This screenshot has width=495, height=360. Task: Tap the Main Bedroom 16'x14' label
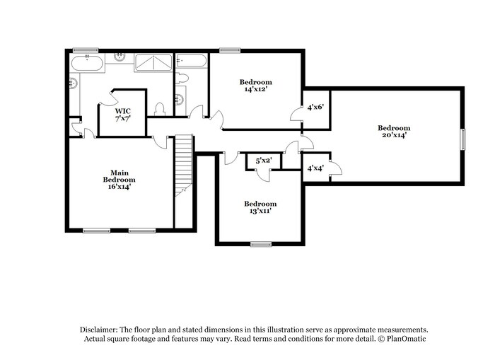pos(117,180)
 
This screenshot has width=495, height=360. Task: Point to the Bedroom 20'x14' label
pos(393,131)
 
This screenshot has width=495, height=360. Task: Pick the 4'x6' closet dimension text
pos(315,108)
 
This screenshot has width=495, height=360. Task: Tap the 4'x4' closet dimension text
pos(315,168)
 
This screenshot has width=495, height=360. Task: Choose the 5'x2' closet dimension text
pos(263,161)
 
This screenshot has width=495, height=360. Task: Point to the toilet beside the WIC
pos(160,109)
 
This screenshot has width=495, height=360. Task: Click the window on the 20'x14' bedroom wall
pos(465,139)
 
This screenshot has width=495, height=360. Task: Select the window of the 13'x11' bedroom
pos(260,244)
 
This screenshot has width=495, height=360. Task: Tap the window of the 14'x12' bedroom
pos(228,50)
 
